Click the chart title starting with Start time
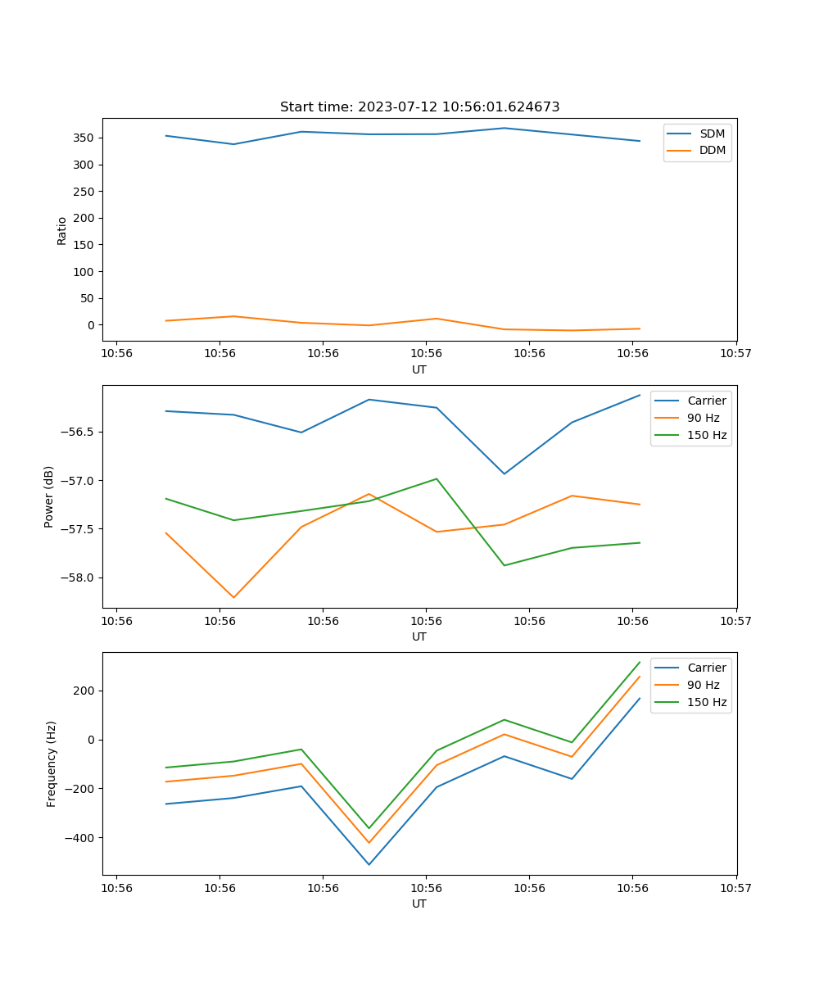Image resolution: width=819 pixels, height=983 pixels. click(x=419, y=107)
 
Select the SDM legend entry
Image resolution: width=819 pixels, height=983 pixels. click(x=712, y=134)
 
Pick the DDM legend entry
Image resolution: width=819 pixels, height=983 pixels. click(x=712, y=150)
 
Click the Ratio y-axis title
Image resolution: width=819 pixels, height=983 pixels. click(x=61, y=230)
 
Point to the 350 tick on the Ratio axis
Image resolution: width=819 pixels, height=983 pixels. click(x=85, y=138)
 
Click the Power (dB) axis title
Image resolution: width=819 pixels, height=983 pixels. click(x=49, y=496)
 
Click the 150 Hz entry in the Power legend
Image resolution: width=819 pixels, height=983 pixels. click(x=707, y=435)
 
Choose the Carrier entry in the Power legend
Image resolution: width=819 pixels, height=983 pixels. click(x=707, y=401)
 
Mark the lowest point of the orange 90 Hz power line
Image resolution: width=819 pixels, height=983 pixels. click(x=233, y=597)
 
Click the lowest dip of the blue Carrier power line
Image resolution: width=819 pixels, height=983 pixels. click(x=504, y=473)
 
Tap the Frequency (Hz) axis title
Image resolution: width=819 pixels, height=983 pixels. click(x=52, y=763)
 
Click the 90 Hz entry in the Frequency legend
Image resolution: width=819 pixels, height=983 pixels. click(x=704, y=685)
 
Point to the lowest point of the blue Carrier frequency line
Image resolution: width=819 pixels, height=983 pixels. click(x=369, y=864)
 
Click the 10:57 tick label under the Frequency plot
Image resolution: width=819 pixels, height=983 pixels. click(x=736, y=888)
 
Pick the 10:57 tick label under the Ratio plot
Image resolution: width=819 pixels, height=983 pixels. click(x=736, y=354)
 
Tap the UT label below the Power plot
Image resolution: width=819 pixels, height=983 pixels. click(x=419, y=636)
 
